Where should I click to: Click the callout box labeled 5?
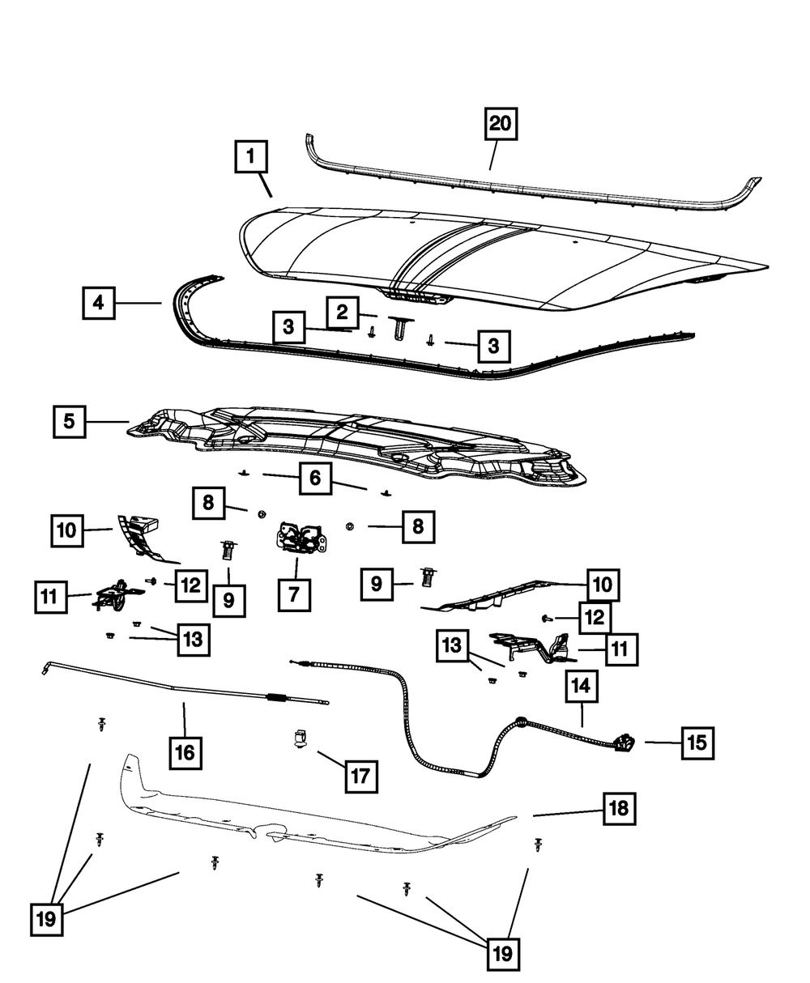[70, 421]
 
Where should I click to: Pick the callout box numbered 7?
[293, 594]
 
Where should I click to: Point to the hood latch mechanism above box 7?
[301, 538]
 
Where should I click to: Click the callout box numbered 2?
[342, 311]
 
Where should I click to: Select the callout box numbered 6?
[314, 479]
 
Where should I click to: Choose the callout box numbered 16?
[185, 752]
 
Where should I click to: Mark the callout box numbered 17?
[360, 776]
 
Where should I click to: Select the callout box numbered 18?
[619, 806]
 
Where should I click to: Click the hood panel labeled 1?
[502, 259]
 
